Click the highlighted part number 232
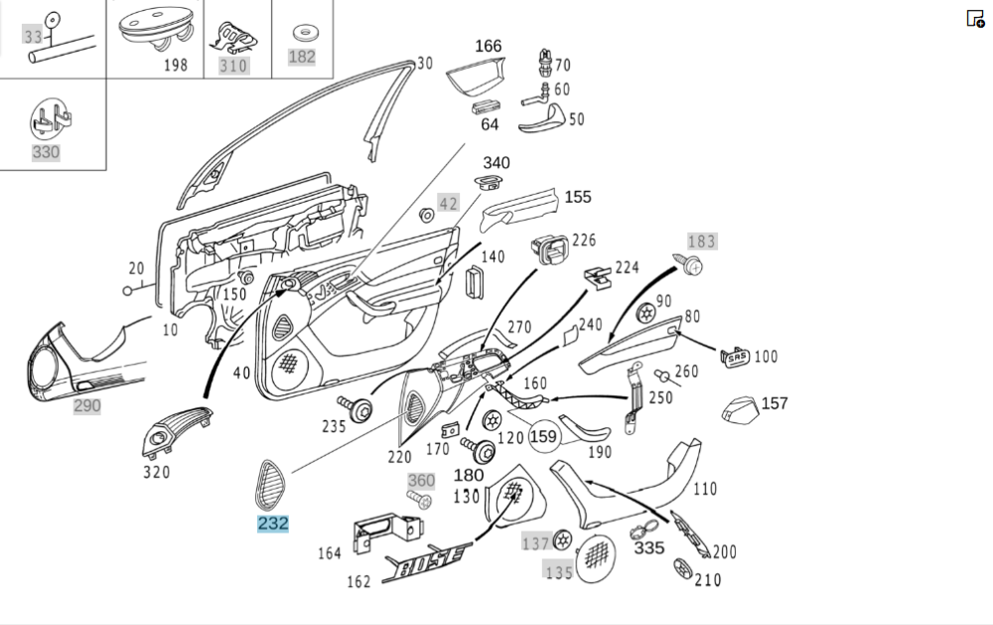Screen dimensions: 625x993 tap(273, 523)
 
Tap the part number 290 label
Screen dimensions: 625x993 tap(86, 405)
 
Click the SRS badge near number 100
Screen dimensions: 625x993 tap(735, 356)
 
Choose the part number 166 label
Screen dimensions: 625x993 tap(489, 46)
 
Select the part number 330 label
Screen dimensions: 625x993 tap(46, 152)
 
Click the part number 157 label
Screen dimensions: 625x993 tap(775, 402)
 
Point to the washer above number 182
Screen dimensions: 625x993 tap(302, 32)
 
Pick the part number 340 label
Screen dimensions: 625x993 tap(496, 162)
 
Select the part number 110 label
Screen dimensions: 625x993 tap(705, 488)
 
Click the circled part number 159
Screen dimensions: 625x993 tap(543, 435)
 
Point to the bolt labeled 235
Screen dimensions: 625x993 tap(356, 408)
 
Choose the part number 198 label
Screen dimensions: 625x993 tap(176, 66)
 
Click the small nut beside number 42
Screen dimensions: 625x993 tap(427, 214)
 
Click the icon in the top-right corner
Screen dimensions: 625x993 tap(975, 18)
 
